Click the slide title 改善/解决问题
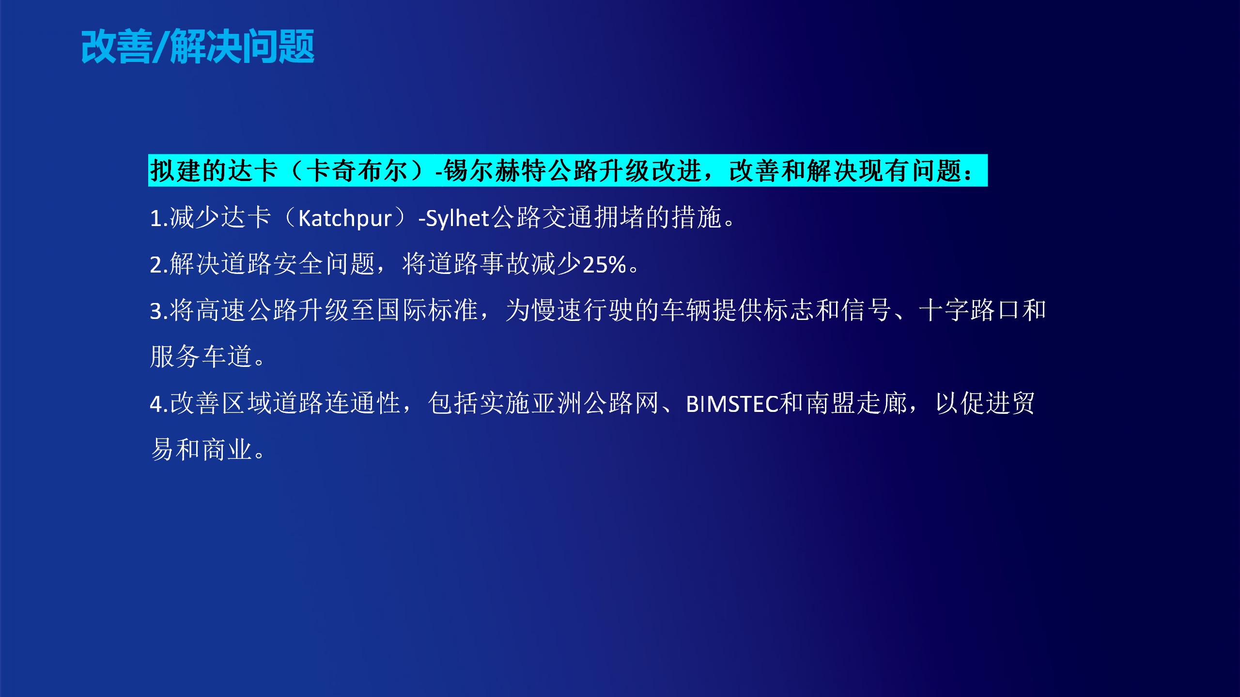tap(198, 46)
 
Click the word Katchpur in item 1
tap(344, 218)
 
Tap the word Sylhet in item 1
tap(457, 218)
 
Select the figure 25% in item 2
tap(604, 265)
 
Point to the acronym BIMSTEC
tap(732, 404)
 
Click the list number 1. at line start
tap(159, 218)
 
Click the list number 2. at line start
tap(159, 265)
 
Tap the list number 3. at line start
tap(159, 311)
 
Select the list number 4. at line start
tap(159, 404)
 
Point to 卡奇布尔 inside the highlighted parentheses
tap(357, 171)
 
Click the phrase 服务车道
tap(201, 357)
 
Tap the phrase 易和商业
tap(201, 450)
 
